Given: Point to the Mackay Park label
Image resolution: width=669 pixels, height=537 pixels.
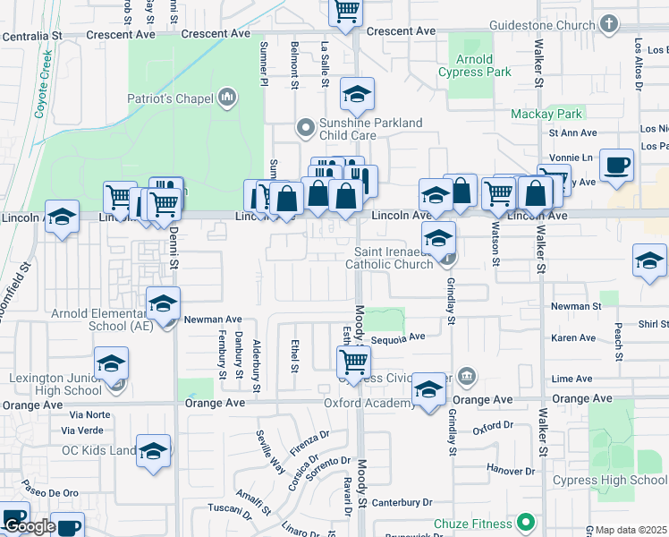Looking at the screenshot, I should [546, 114].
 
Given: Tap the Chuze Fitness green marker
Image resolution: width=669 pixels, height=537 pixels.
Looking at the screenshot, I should [526, 522].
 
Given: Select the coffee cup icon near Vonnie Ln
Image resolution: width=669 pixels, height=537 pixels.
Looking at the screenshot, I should [616, 166].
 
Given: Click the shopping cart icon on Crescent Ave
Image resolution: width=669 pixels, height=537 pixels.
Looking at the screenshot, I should [345, 11].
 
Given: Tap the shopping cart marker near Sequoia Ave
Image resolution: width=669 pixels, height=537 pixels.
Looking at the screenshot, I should [354, 362].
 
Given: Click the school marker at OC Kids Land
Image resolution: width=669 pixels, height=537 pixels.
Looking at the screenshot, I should [153, 451].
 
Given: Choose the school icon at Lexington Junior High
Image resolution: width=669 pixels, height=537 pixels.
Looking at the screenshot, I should [112, 363].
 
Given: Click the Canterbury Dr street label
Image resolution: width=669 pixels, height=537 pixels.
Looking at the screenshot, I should [402, 502].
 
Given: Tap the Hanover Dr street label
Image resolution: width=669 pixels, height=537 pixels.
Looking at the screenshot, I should [511, 470].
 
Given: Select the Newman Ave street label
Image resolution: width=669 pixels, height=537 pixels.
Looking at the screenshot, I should [213, 319].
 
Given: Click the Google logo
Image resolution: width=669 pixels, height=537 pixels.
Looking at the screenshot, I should [30, 526].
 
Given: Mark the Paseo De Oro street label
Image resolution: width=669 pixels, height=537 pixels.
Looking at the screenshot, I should [51, 493].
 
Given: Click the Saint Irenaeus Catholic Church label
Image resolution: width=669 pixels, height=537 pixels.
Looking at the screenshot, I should [394, 258].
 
